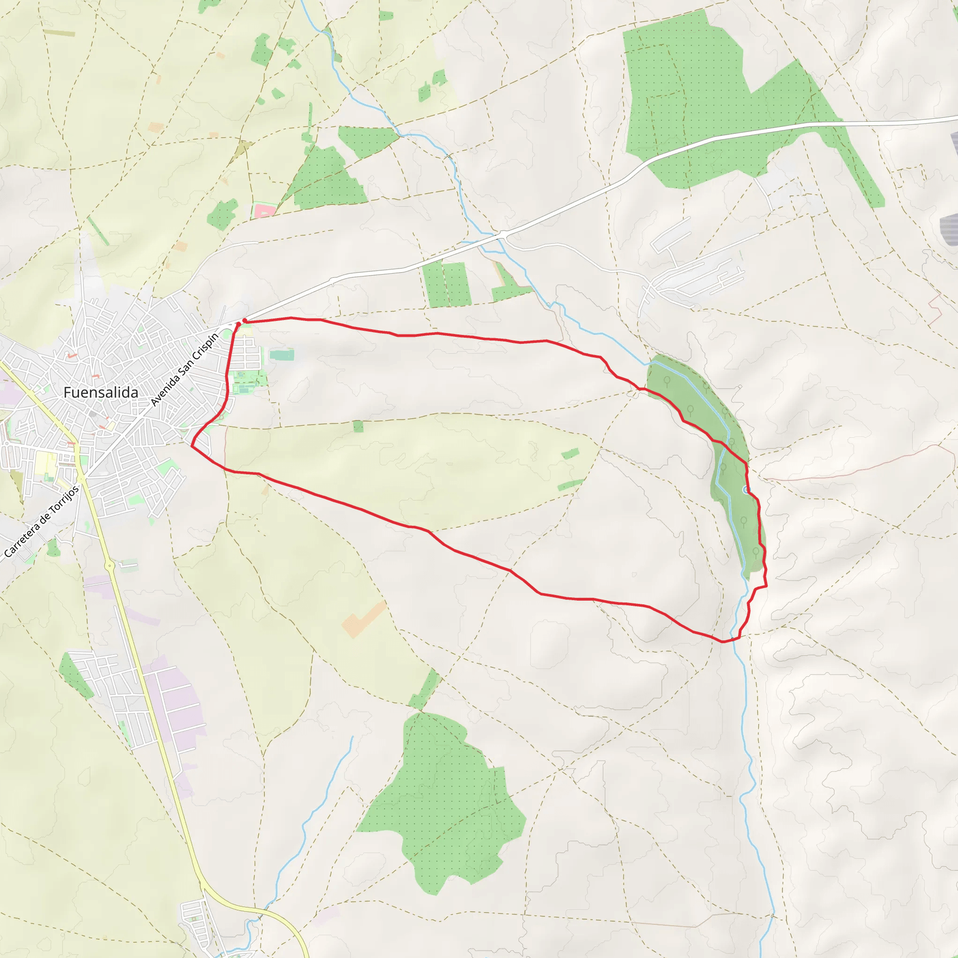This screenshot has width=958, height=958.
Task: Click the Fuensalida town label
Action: tap(101, 393)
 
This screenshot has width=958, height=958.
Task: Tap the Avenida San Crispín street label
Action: tap(184, 370)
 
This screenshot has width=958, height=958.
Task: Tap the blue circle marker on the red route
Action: tap(745, 490)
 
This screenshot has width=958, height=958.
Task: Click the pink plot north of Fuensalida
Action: tap(264, 210)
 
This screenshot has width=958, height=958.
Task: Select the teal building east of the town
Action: tap(282, 355)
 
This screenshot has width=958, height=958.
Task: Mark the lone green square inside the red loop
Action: tap(358, 426)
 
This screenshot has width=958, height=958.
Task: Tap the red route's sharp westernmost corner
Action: tap(192, 445)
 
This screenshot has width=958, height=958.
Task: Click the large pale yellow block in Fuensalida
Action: tap(44, 464)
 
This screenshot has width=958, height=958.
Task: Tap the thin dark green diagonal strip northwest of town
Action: tap(98, 231)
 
